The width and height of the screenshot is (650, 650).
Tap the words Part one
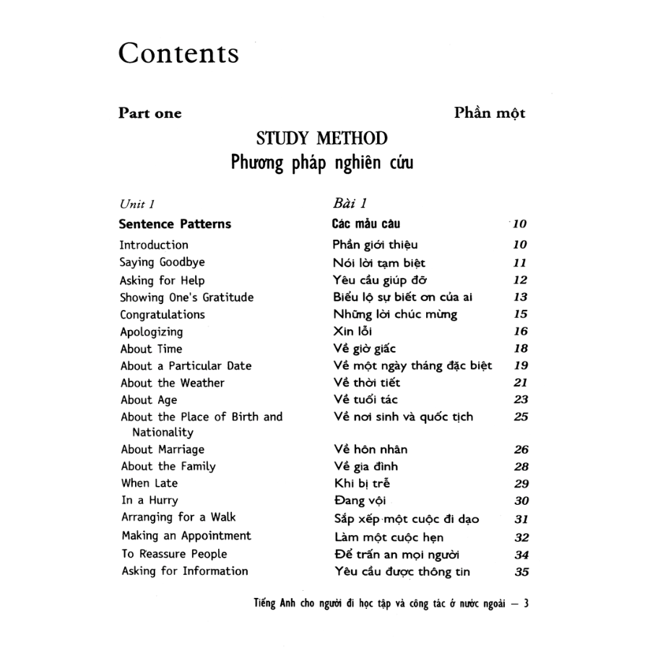[x=150, y=113]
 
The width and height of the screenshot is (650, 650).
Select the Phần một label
[x=490, y=113]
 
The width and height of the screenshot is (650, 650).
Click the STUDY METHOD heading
[x=322, y=139]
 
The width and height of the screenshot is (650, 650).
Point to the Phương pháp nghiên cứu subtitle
[x=322, y=163]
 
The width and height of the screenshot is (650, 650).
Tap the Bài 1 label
[x=352, y=204]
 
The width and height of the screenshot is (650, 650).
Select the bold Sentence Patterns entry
[x=175, y=224]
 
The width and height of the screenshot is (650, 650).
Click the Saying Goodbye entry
[x=162, y=263]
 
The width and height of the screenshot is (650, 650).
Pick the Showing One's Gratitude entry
[x=187, y=298]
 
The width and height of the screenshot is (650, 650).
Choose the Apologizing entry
[x=152, y=332]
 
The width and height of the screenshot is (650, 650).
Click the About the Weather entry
[x=173, y=383]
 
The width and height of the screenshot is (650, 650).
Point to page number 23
[x=521, y=400]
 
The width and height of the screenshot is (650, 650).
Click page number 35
[x=521, y=572]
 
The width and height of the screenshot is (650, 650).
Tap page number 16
[x=521, y=332]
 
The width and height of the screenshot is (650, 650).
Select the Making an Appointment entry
[x=186, y=536]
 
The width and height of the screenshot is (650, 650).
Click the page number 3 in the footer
[x=526, y=604]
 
